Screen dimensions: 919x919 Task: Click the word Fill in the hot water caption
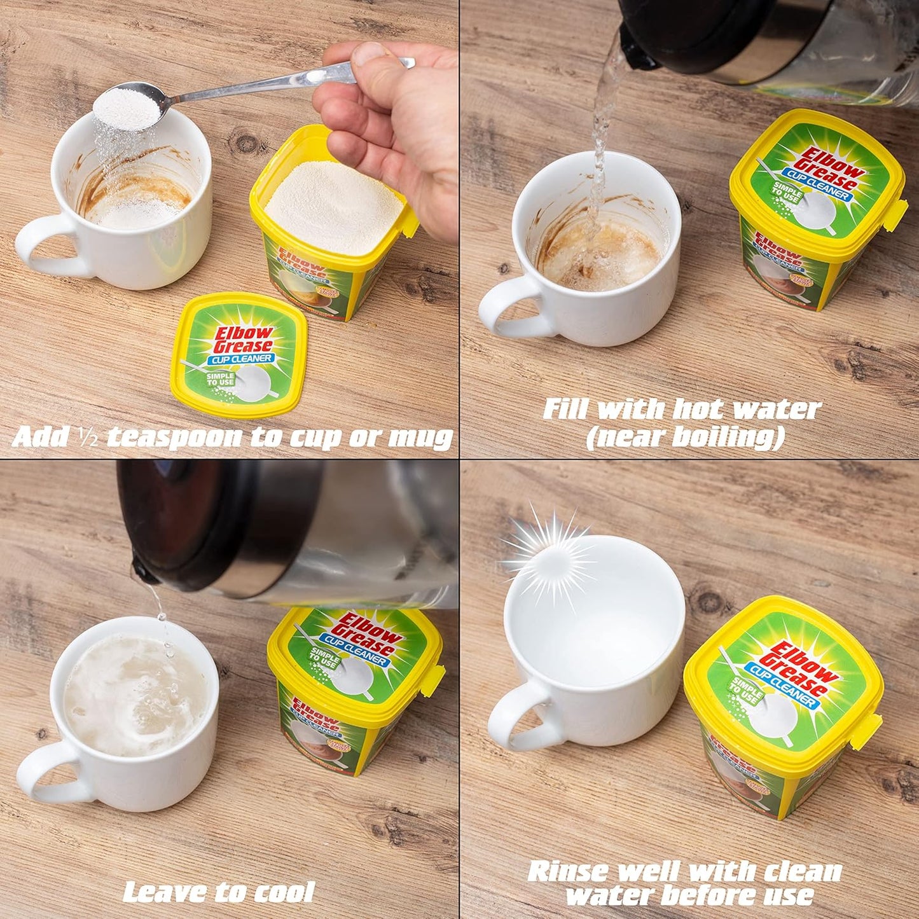click(567, 410)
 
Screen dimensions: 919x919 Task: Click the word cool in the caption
click(284, 892)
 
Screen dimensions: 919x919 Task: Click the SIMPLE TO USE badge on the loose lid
click(219, 380)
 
